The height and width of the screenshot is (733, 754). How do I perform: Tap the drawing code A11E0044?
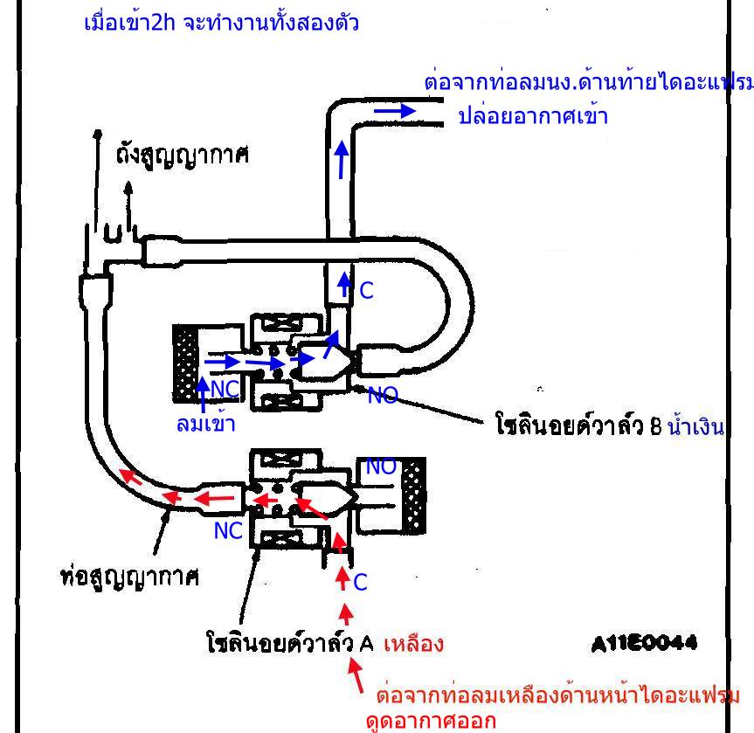coord(643,644)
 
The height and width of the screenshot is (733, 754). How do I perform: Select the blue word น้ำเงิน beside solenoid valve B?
coord(696,428)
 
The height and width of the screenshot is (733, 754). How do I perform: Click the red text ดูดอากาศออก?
coord(431,722)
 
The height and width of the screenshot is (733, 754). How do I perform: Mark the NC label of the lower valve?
coord(228,530)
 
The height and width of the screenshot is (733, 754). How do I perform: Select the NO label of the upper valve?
coord(382,396)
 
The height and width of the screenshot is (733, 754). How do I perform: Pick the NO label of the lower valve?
coord(381,467)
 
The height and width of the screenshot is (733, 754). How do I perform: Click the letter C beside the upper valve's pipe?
coord(366,291)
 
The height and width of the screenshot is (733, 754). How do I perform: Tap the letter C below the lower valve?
coord(360,582)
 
